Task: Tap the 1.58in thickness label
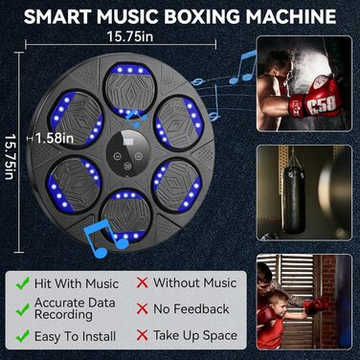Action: [55, 138]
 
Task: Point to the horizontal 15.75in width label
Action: [129, 36]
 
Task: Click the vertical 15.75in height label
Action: [10, 156]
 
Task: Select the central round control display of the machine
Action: [127, 153]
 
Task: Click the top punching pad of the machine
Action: [130, 87]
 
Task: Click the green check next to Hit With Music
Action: [22, 283]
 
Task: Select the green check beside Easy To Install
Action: [22, 336]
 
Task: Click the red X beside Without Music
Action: [143, 282]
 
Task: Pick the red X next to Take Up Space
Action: [143, 335]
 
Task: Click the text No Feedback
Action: [191, 309]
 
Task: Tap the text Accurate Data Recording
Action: [75, 308]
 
